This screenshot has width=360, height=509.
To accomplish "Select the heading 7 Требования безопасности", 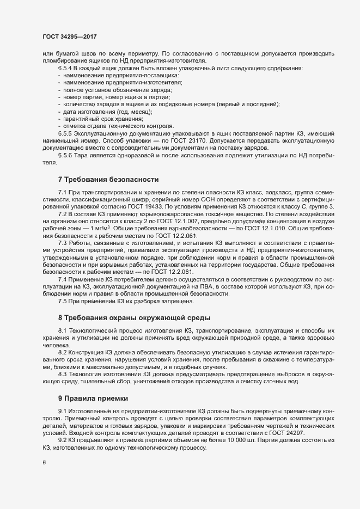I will (x=108, y=179).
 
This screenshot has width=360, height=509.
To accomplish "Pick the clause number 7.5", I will (x=63, y=301).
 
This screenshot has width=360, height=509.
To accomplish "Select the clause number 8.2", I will (x=63, y=353).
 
